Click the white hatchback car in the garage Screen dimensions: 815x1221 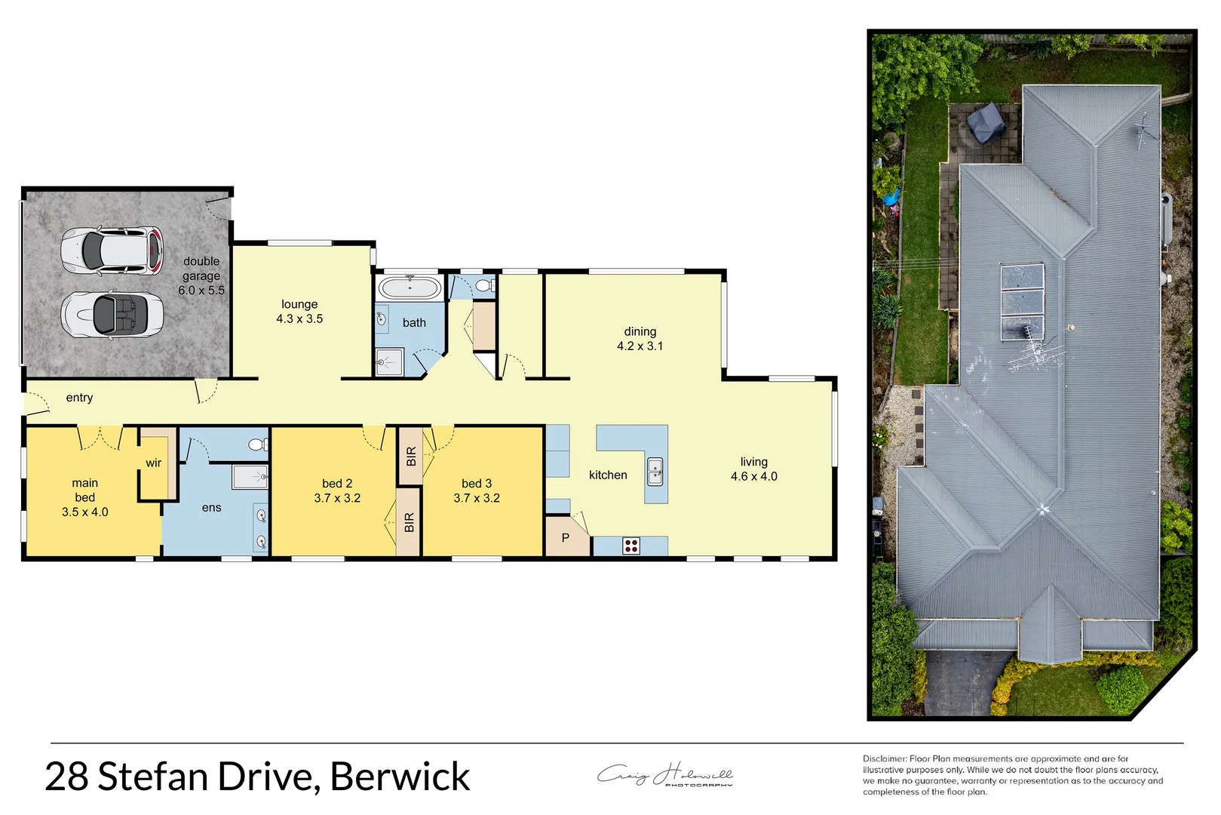(112, 251)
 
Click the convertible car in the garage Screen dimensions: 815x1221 (112, 315)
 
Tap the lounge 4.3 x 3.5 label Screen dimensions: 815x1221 (299, 312)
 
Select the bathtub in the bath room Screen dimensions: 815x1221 (410, 288)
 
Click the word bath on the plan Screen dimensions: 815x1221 (414, 323)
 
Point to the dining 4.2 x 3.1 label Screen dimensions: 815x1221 (640, 339)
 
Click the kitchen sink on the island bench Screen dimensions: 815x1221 (655, 472)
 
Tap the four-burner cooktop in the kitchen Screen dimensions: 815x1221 (631, 546)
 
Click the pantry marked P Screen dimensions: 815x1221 (566, 538)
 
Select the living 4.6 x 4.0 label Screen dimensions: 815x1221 (753, 469)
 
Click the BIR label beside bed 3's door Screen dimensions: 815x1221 (410, 457)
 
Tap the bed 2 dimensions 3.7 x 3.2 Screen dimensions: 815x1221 (337, 498)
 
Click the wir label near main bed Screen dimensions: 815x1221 (154, 463)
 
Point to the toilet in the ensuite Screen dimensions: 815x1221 (258, 444)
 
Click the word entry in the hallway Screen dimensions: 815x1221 (79, 398)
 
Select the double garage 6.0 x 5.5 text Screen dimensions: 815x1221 (201, 275)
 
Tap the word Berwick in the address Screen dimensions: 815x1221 (400, 777)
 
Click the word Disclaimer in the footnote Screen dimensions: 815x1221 (884, 759)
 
